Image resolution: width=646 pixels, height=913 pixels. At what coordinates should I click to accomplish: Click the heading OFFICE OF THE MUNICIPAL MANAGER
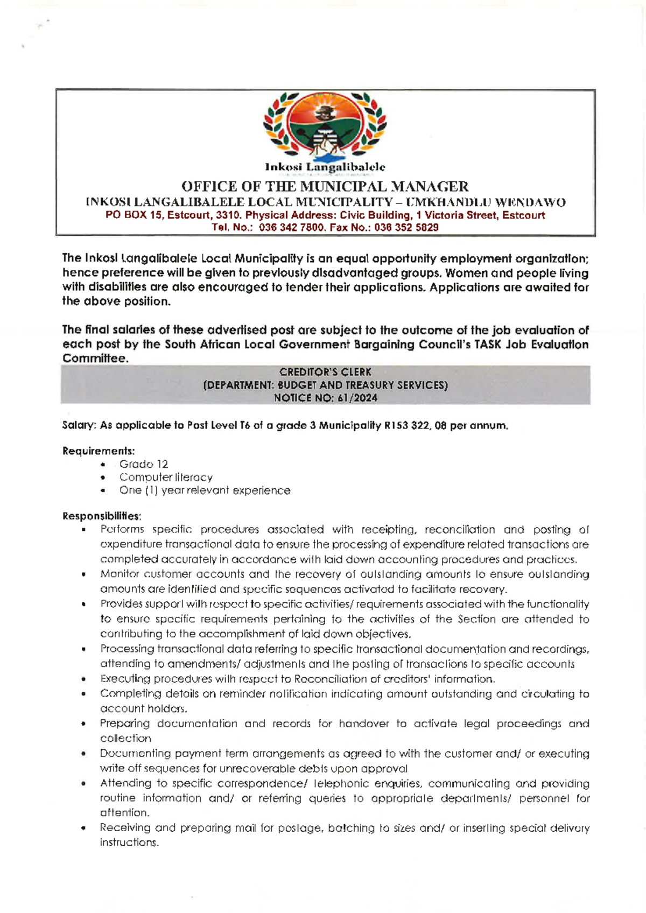(x=325, y=187)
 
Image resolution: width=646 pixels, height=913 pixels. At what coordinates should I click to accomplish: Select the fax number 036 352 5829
(x=406, y=228)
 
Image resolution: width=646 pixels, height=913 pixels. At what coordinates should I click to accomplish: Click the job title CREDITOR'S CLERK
(x=325, y=372)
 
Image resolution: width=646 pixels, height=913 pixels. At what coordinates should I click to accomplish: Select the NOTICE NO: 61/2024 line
(x=325, y=398)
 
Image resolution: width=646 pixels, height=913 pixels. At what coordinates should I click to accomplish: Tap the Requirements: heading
(x=99, y=451)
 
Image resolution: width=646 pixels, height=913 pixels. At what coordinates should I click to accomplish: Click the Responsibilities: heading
(x=102, y=516)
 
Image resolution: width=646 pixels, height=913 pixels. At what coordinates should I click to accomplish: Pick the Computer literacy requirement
(x=166, y=477)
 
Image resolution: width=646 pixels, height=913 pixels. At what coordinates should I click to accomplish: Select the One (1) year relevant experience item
(x=205, y=490)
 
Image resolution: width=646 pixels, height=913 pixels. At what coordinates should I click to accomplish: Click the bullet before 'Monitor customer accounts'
(x=83, y=575)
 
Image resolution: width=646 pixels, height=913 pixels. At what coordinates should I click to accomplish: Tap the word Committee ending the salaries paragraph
(x=95, y=359)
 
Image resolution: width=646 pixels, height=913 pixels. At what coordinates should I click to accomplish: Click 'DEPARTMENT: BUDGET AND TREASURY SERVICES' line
(x=325, y=385)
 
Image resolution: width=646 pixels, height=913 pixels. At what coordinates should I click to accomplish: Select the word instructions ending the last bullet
(x=129, y=842)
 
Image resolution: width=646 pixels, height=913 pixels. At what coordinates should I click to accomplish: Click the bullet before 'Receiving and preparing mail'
(x=83, y=828)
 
